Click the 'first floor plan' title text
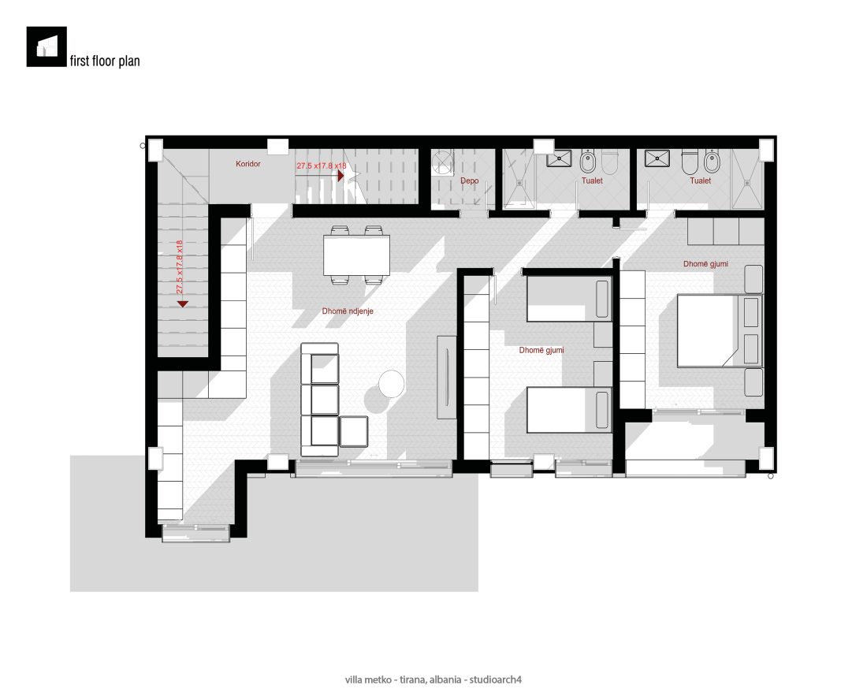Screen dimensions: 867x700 coord(105,61)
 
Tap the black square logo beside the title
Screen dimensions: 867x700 coord(47,47)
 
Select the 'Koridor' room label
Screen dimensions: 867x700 coord(247,164)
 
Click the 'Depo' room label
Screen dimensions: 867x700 coord(470,181)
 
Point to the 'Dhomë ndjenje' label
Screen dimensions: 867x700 coord(348,311)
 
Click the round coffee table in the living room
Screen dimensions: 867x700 coord(392,383)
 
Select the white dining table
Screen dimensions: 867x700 coord(356,255)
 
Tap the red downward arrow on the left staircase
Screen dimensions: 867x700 coord(183,304)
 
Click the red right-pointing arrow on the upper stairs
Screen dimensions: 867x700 coord(341,176)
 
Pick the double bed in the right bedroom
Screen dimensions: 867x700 coord(720,330)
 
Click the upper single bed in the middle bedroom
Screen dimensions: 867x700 coord(569,299)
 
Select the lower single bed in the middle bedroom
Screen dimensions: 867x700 coord(569,410)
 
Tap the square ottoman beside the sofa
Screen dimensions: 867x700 coord(354,432)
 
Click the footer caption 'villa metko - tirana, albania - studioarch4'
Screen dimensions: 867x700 coord(433,680)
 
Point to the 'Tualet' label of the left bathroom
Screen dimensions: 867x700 coord(592,181)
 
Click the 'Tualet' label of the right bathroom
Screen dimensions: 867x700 coord(701,181)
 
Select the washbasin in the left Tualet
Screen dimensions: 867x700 coord(560,158)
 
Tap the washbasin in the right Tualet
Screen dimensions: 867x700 coord(657,158)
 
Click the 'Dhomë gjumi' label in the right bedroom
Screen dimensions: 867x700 coord(705,264)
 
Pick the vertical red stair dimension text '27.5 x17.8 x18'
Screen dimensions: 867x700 coord(179,267)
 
